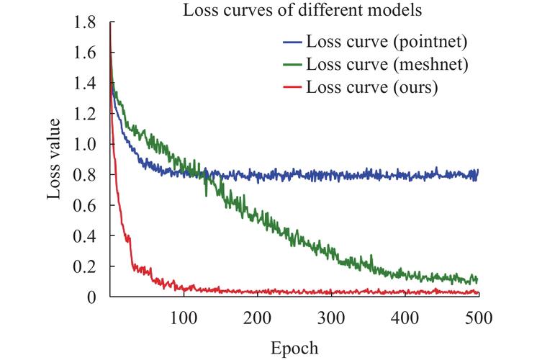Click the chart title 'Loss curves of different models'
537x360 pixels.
point(302,10)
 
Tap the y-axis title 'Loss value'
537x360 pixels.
point(54,158)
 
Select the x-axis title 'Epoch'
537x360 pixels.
point(294,348)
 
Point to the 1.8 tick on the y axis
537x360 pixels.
point(84,22)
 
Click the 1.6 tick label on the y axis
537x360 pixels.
point(84,53)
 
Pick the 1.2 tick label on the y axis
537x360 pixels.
point(84,114)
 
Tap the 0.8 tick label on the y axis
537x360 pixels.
point(84,175)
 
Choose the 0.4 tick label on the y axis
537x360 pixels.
point(84,236)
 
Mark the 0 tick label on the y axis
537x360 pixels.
point(91,297)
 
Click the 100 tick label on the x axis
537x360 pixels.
point(184,318)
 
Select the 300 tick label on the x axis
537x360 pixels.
point(331,318)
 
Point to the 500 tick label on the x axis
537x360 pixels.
point(479,318)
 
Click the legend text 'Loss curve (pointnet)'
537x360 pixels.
point(387,42)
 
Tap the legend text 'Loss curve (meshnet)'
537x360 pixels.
point(387,64)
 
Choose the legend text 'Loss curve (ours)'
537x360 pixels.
point(372,87)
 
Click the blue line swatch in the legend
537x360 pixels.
point(292,42)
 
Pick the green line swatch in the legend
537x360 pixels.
point(292,65)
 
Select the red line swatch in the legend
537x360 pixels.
point(292,87)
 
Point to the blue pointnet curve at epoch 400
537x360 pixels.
point(405,176)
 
